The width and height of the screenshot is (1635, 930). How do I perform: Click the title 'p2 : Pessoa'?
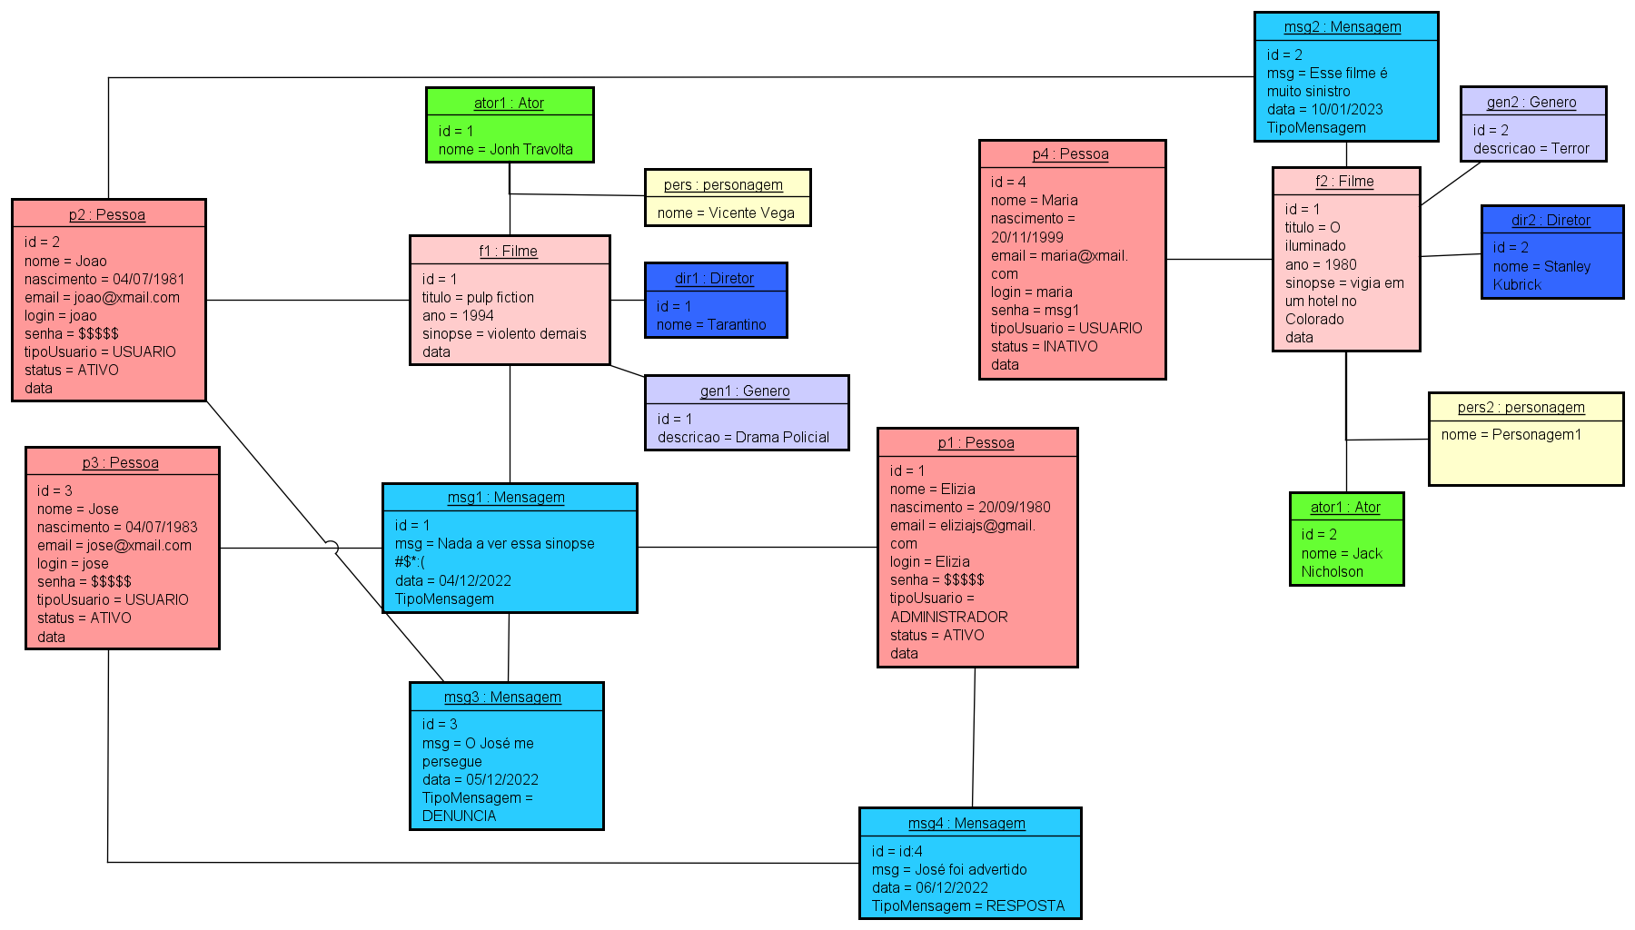(107, 215)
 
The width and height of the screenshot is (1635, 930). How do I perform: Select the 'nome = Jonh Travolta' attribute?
(505, 150)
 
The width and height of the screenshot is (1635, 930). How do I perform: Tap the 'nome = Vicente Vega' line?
(725, 213)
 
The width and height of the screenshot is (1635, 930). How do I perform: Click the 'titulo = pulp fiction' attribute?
(478, 298)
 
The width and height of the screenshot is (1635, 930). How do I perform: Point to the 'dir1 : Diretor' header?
(714, 279)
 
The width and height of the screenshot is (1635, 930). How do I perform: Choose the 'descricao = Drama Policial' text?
(743, 438)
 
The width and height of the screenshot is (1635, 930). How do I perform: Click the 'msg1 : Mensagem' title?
(506, 498)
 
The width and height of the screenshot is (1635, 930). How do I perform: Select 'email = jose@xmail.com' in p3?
(114, 546)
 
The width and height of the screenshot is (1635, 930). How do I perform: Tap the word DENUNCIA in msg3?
(459, 816)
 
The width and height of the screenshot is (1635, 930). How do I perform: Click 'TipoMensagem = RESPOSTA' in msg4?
(967, 906)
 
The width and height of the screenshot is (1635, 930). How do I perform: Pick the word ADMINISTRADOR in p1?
(948, 618)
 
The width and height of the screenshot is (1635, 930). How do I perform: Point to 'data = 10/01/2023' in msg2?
(1324, 110)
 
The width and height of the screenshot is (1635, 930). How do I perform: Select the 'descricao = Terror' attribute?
(1531, 149)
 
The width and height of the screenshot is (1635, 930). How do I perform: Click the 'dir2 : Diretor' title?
(1551, 221)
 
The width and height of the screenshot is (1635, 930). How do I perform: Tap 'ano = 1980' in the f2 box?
(1321, 265)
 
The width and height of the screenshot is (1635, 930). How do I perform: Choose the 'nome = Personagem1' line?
(1511, 435)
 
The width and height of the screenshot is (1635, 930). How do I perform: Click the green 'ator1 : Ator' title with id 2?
(1345, 508)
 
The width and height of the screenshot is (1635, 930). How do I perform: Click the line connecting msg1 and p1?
(757, 548)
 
